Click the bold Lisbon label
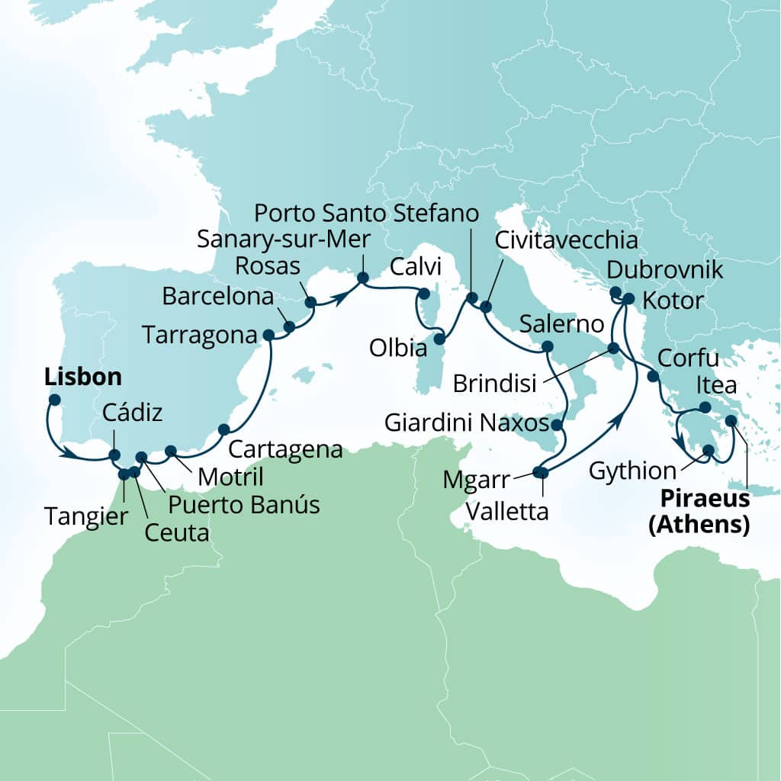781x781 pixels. [83, 377]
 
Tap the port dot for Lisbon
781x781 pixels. [54, 399]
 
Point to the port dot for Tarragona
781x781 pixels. [268, 335]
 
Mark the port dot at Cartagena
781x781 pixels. [223, 429]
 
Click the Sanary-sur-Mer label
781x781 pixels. [284, 239]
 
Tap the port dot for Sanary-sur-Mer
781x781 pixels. [363, 278]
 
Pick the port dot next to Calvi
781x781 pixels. [424, 293]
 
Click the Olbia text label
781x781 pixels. [397, 350]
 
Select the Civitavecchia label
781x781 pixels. [566, 241]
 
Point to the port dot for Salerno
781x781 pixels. [546, 347]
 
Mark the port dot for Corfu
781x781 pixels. [653, 376]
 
